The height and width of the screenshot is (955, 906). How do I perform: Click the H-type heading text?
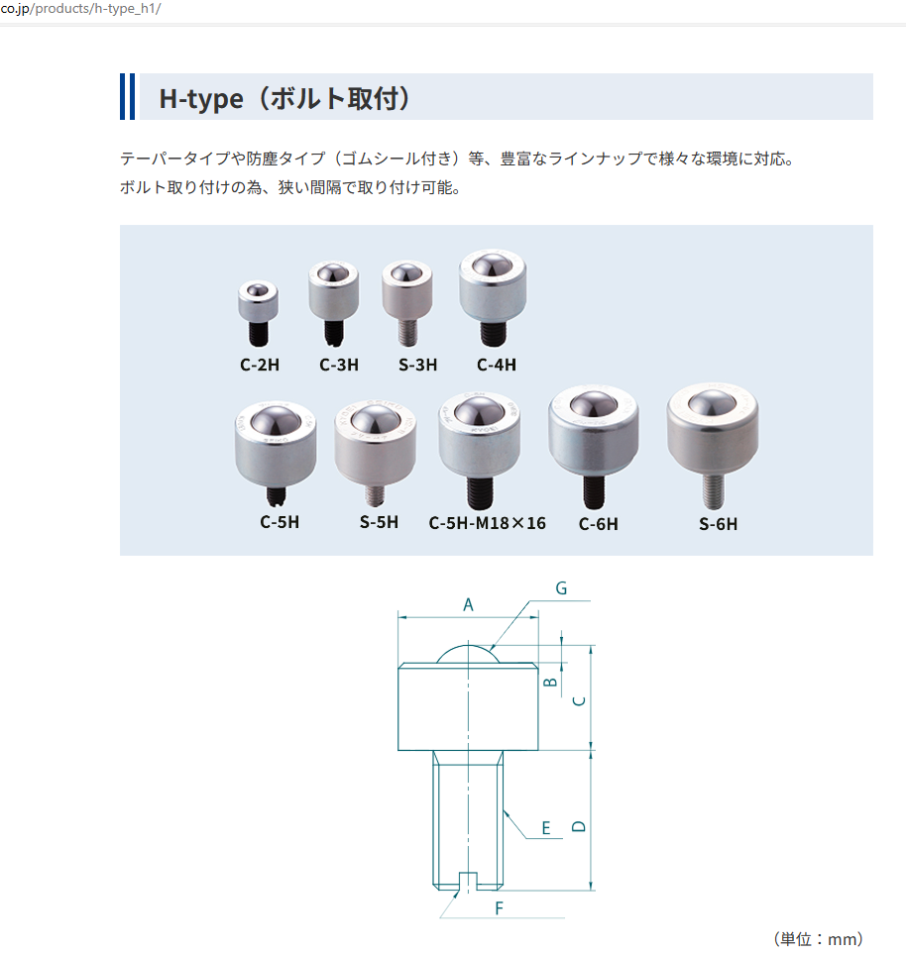click(285, 99)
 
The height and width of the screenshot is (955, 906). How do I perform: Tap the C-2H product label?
click(260, 365)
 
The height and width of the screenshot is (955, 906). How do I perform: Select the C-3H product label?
click(339, 365)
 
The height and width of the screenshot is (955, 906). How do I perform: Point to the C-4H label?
click(497, 365)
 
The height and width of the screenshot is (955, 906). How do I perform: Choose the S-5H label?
click(379, 521)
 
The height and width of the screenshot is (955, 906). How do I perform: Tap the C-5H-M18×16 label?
click(487, 522)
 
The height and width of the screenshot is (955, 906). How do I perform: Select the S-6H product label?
click(718, 524)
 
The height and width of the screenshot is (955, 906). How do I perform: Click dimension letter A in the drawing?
click(468, 603)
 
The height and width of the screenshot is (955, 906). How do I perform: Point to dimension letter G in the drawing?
click(561, 588)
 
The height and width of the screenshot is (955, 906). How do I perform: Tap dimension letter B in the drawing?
click(552, 682)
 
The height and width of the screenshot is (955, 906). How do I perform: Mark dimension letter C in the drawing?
click(581, 699)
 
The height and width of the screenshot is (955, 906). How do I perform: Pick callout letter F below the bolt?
click(500, 907)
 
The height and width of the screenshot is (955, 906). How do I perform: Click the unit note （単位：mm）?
click(818, 938)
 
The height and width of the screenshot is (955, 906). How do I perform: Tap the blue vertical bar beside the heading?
click(127, 96)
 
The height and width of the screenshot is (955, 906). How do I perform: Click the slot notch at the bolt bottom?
click(468, 880)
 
